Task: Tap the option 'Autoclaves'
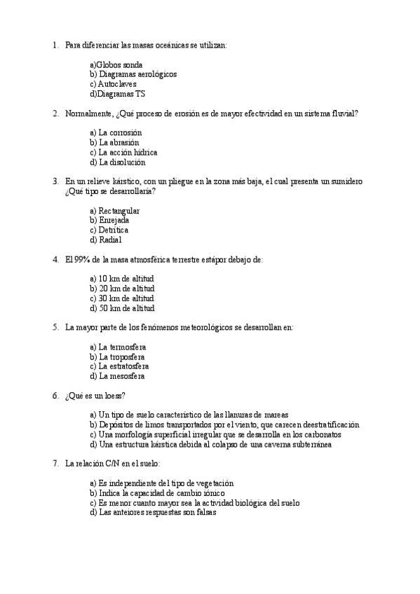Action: (x=119, y=84)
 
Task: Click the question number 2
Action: (x=55, y=113)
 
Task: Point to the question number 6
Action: (x=55, y=396)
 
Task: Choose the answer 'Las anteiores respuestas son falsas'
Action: (x=154, y=513)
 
